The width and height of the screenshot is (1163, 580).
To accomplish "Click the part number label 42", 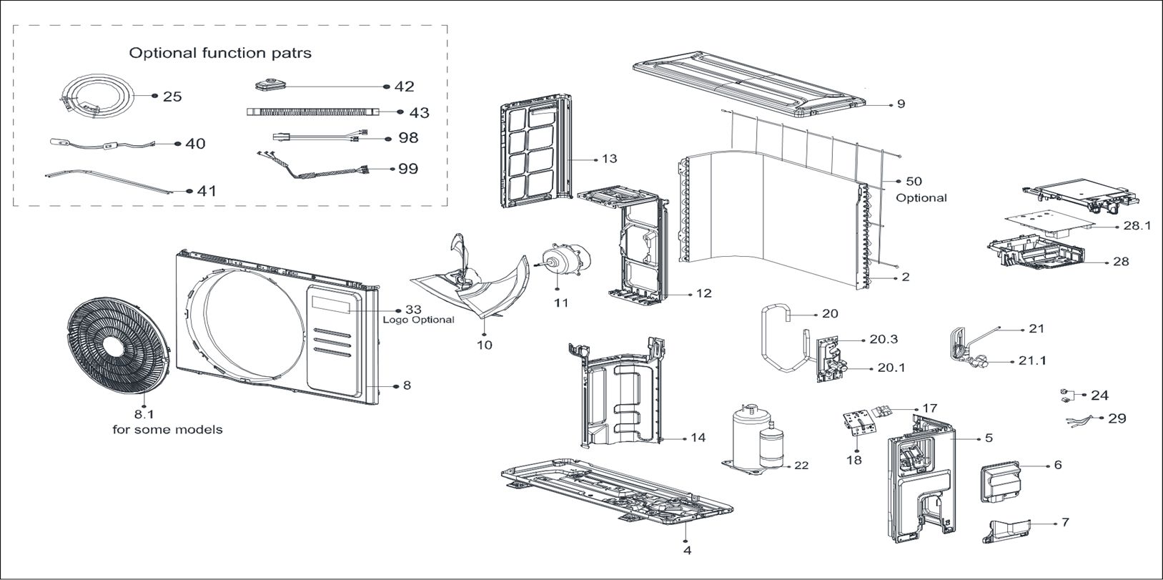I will (404, 87).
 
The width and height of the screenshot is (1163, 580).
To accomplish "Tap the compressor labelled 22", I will (756, 438).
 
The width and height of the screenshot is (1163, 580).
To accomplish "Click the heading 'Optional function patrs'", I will (219, 53).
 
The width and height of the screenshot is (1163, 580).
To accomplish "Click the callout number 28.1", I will (1137, 225).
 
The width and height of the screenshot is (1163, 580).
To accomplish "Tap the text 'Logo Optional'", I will (418, 320).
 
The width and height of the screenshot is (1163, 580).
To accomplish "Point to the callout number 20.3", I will (884, 340).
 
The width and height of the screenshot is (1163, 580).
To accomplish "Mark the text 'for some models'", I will (167, 430).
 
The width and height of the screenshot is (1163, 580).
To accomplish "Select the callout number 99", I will (408, 169).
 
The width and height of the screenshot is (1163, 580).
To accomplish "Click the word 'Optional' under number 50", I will (921, 197).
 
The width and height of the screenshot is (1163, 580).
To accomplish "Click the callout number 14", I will (698, 437).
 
